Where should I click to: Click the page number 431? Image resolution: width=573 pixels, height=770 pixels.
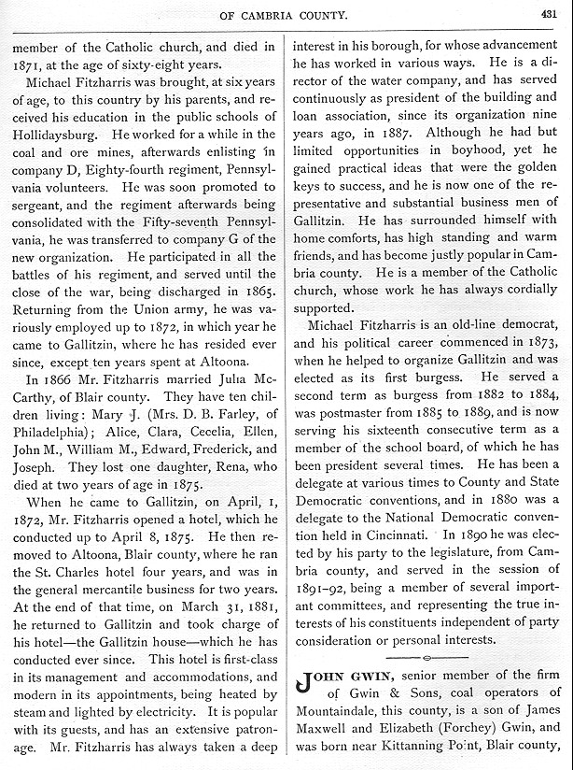coord(548,13)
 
